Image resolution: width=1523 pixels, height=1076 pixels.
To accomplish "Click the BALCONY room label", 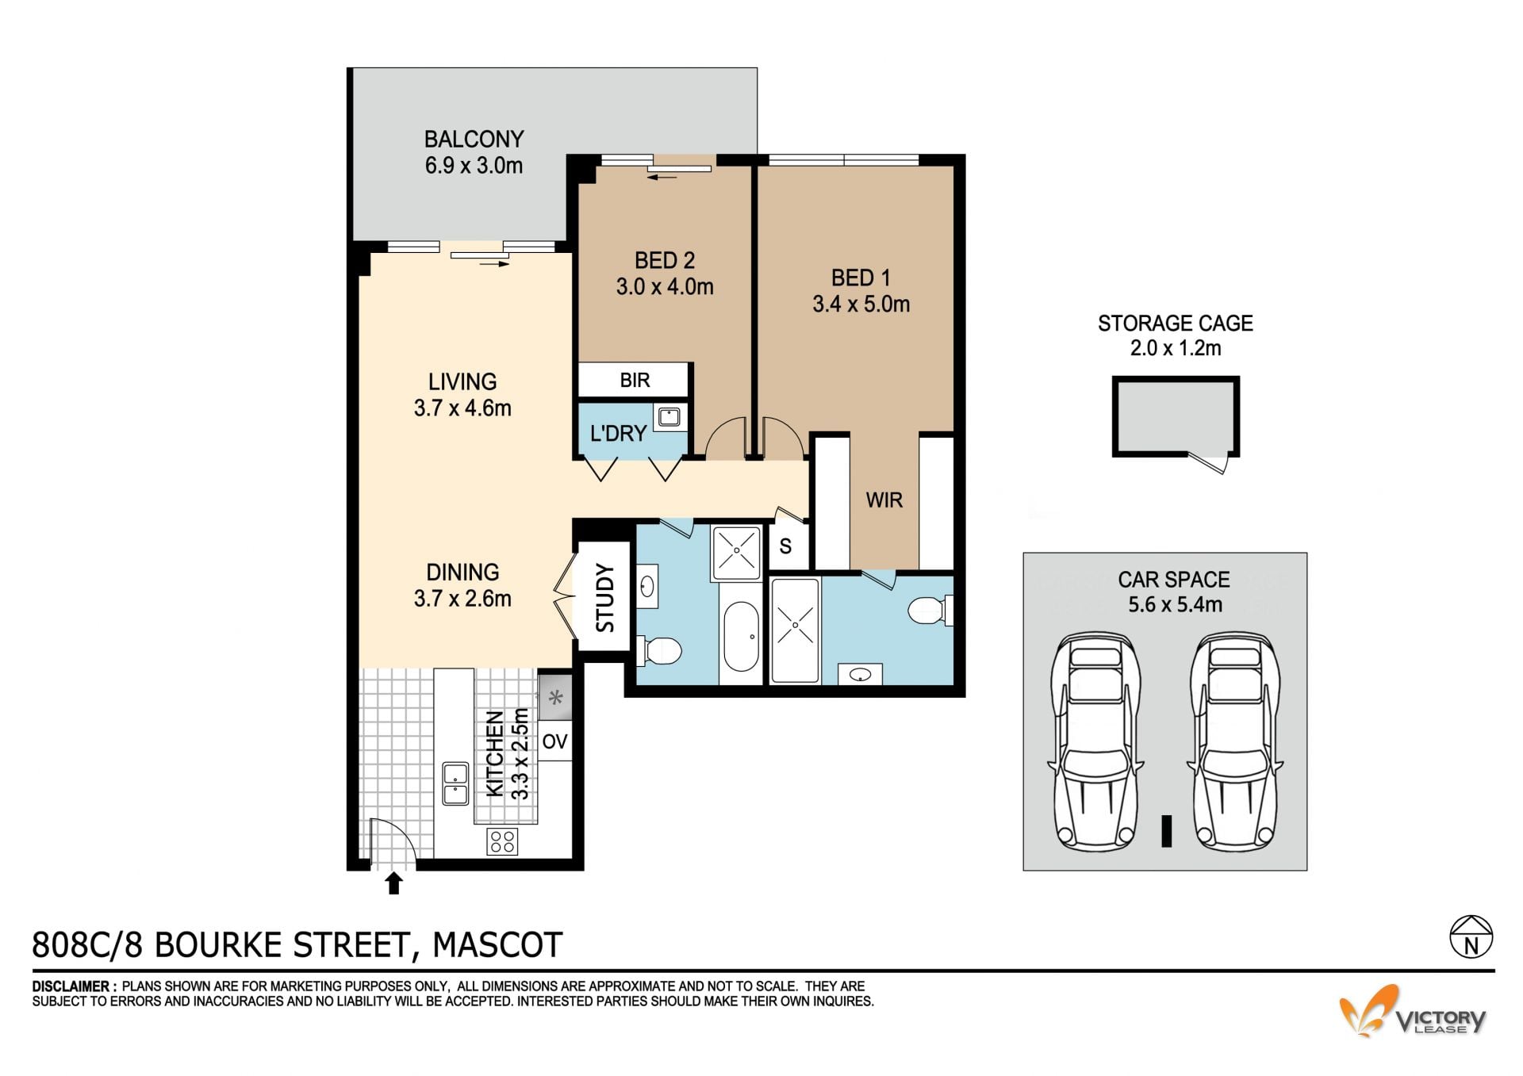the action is (474, 139).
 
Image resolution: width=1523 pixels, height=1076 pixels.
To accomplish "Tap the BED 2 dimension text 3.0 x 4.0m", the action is (665, 287).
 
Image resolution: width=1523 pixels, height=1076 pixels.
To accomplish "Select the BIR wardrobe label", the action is (635, 380).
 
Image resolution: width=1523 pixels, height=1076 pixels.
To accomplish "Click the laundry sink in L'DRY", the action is (669, 416).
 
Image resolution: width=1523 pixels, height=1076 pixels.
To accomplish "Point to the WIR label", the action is (884, 500).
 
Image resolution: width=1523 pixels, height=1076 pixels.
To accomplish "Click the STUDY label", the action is (604, 597).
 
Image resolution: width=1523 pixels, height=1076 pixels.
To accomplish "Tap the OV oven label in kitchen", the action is (554, 741).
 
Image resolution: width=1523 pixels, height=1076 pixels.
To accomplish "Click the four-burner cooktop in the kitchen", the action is (501, 841).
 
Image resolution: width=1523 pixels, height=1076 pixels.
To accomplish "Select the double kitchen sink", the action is (455, 783).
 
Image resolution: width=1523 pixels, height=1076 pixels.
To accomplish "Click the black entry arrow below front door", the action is (393, 883).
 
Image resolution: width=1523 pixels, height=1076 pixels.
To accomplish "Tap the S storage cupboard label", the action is (785, 546).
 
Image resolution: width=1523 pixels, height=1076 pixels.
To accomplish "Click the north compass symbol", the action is (1471, 937).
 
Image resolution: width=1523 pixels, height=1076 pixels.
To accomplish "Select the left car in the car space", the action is (1096, 741).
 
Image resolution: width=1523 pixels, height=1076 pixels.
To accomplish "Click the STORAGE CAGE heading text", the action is (1175, 324).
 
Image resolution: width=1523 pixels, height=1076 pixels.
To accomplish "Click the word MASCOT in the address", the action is (497, 945).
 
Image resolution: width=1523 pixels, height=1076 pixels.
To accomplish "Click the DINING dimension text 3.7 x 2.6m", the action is (462, 599).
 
